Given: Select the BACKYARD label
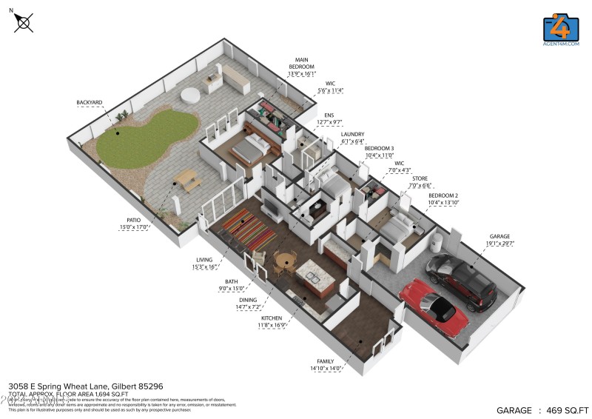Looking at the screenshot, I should click(89, 102).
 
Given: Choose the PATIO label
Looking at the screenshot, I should click(134, 221).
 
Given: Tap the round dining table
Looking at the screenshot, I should click(285, 261).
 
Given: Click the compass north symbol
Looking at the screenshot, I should click(23, 22).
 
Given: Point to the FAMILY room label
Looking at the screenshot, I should click(323, 361).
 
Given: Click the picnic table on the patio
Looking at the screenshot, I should click(184, 180).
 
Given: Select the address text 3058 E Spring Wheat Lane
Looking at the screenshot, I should click(86, 386).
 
